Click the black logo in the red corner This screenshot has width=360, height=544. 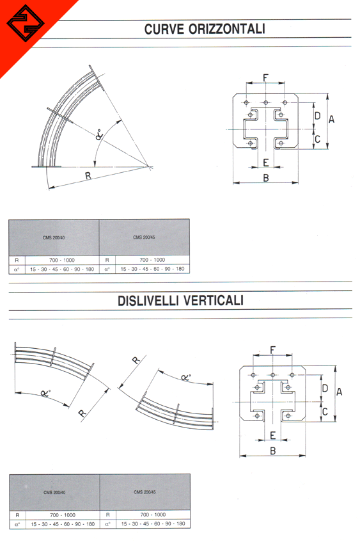point(26,23)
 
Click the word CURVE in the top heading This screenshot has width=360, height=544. point(164,29)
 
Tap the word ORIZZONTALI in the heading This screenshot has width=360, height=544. point(227,29)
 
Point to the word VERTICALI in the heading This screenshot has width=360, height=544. point(212,300)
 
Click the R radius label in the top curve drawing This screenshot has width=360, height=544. point(88,176)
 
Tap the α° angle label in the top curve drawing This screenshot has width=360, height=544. point(98,134)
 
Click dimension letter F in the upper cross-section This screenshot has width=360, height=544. point(266,77)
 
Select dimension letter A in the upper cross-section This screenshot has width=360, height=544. point(332,119)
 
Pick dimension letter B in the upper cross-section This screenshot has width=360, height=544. point(266,178)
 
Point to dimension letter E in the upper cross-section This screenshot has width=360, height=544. point(266,163)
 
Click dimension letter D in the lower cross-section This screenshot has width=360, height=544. point(325,388)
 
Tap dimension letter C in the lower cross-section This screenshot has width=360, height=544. point(325,412)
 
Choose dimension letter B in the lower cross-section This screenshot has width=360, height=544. point(272,451)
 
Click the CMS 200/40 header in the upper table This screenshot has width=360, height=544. point(54,237)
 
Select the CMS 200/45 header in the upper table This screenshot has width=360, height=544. point(144,237)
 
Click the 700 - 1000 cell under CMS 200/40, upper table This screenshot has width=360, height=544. point(62,260)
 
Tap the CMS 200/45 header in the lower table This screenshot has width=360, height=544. point(145,492)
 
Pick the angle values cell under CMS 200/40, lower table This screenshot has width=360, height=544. point(63,524)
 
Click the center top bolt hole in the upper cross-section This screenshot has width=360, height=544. point(266,102)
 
